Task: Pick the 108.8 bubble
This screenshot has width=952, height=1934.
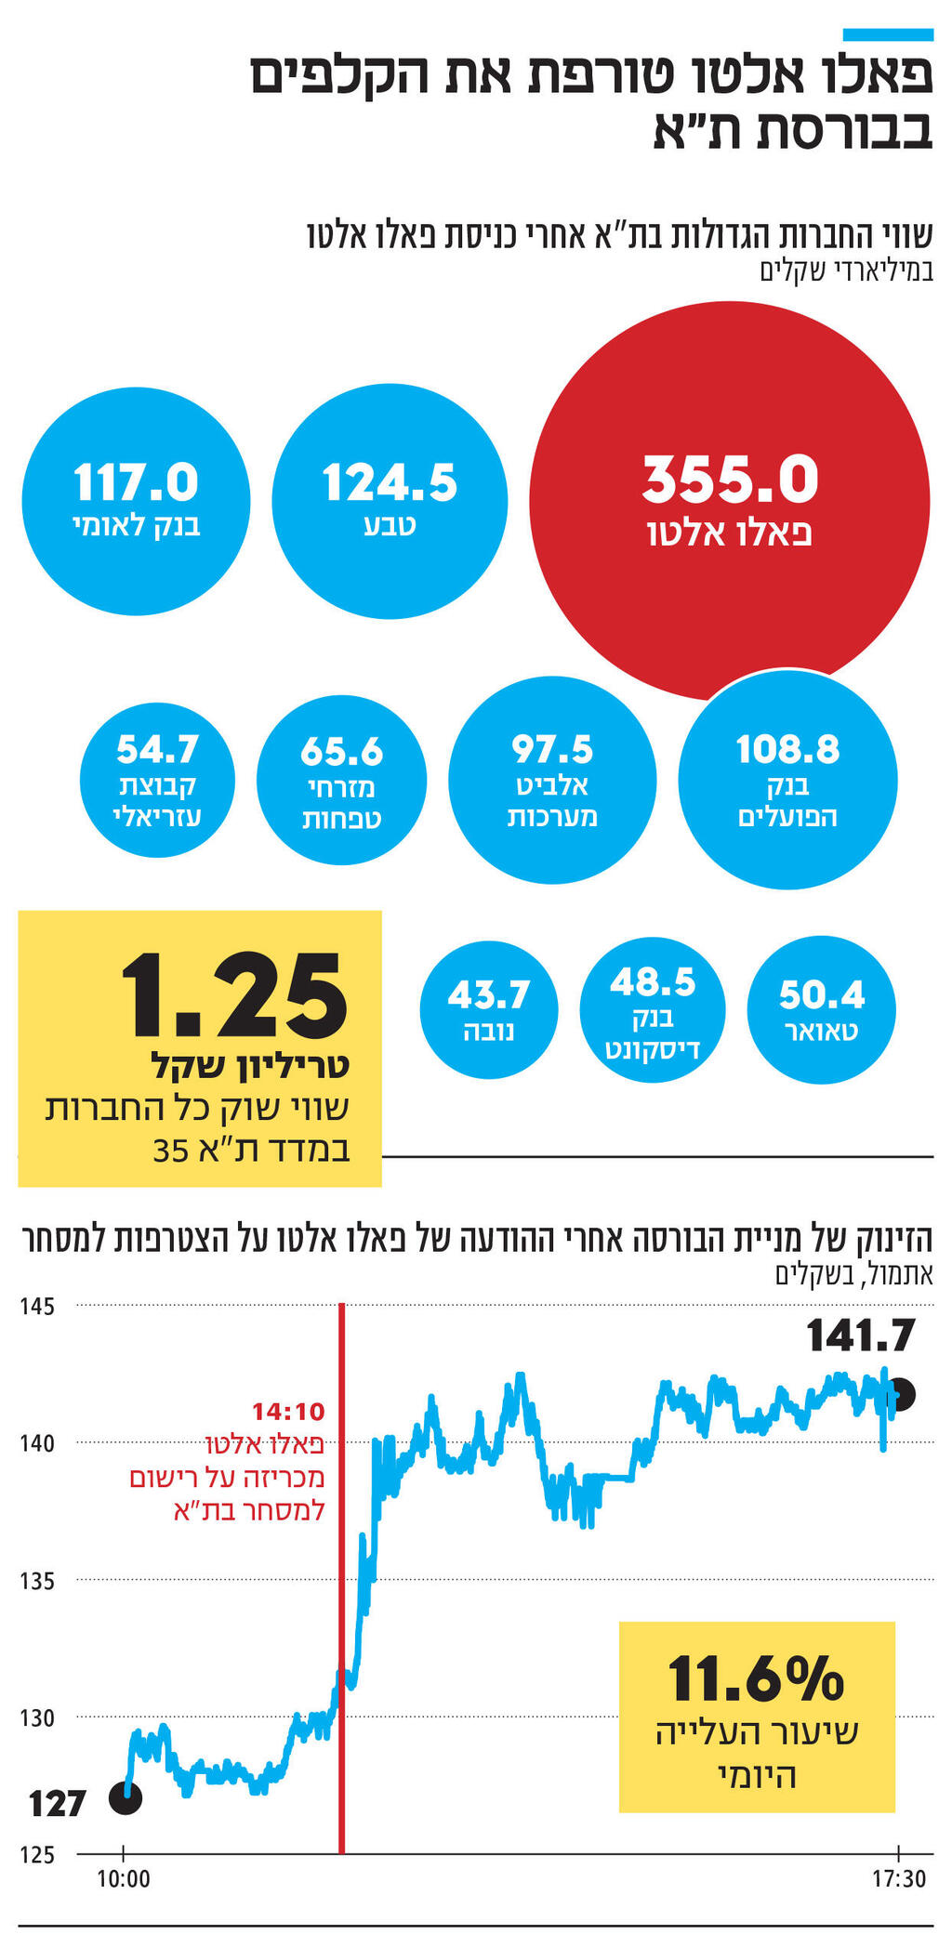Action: [x=787, y=780]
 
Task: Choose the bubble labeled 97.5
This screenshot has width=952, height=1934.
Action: [x=552, y=780]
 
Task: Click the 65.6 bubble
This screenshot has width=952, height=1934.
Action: [x=341, y=781]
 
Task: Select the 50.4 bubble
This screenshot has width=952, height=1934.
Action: [x=821, y=1009]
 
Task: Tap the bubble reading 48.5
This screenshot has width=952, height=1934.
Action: [x=652, y=1009]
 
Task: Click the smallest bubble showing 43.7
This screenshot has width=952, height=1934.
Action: [x=488, y=1009]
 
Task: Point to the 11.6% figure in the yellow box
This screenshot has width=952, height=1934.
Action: [x=755, y=1677]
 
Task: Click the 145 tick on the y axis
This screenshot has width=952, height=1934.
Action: [x=37, y=1307]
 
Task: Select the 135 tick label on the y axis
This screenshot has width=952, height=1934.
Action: [x=37, y=1581]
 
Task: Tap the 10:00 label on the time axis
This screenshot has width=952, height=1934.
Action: [x=124, y=1879]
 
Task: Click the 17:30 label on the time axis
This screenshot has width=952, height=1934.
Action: [x=898, y=1879]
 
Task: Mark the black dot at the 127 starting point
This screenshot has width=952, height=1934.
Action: [x=126, y=1798]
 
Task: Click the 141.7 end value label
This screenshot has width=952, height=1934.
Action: [x=860, y=1336]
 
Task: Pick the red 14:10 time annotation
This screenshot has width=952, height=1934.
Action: [x=288, y=1412]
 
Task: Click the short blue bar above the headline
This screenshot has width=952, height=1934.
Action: [x=887, y=34]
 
